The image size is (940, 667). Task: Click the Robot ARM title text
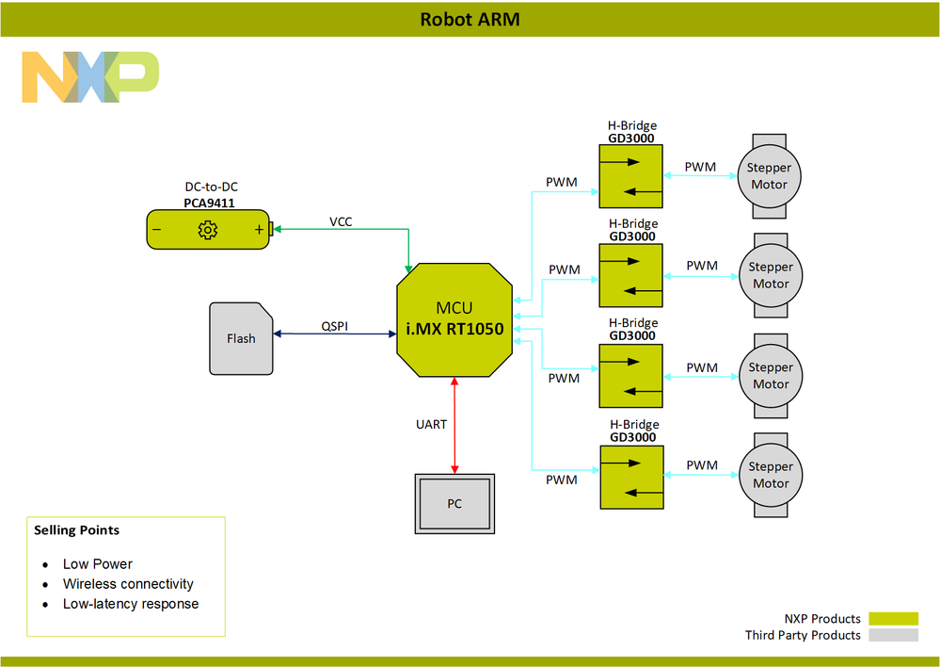(470, 19)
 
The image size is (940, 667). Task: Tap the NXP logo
(90, 77)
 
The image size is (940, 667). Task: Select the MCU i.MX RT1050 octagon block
(455, 320)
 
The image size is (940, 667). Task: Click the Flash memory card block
(241, 338)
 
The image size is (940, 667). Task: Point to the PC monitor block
(454, 504)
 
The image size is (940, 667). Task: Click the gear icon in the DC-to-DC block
(208, 230)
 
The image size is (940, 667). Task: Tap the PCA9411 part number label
(209, 202)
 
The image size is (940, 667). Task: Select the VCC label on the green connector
(341, 221)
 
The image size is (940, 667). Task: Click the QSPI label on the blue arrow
(335, 326)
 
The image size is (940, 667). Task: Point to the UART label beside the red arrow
(432, 424)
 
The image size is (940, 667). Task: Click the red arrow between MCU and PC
(454, 424)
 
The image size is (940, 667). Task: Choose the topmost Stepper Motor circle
(770, 176)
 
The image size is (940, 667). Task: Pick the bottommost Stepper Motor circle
(771, 475)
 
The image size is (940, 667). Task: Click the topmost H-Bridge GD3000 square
(630, 176)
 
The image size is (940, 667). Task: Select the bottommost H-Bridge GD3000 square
(630, 476)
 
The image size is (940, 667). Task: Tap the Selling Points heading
(77, 530)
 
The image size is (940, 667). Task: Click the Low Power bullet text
(98, 564)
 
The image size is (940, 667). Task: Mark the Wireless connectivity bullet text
(128, 584)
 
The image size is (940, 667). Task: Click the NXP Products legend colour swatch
(893, 619)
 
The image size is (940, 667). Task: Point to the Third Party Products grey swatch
(893, 635)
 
